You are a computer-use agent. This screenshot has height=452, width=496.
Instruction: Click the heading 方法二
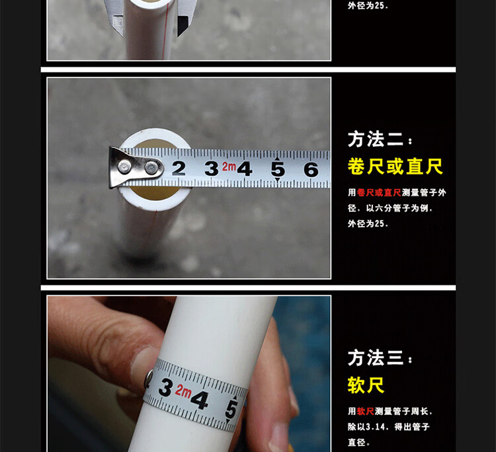[x=376, y=139]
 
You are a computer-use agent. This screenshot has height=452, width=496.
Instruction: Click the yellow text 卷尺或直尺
[x=395, y=167]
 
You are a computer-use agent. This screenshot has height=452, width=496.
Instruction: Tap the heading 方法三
[x=376, y=358]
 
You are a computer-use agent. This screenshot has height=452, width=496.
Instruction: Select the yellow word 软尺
[x=366, y=385]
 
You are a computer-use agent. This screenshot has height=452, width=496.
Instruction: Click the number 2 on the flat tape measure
[x=179, y=168]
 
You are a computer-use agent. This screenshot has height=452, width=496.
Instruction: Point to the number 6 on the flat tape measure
[x=311, y=169]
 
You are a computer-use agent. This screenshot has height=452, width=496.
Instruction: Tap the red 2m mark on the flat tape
[x=229, y=167]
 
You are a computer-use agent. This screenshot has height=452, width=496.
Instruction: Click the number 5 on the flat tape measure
[x=278, y=169]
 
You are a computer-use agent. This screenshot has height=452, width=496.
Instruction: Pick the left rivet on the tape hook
[x=124, y=167]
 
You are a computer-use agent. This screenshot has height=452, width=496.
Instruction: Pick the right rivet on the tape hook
[x=151, y=168]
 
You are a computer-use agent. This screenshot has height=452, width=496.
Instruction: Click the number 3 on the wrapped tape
[x=166, y=387]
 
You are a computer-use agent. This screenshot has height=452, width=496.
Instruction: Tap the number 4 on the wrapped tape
[x=200, y=400]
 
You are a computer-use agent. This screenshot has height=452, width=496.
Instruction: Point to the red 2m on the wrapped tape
[x=183, y=391]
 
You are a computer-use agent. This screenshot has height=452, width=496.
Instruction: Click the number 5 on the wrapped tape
[x=231, y=408]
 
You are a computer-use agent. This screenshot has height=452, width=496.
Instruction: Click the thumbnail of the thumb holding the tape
[x=142, y=367]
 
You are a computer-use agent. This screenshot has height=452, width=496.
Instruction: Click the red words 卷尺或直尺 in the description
[x=379, y=192]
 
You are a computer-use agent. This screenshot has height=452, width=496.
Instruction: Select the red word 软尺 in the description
[x=366, y=411]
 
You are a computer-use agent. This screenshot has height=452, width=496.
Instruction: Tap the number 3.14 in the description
[x=376, y=427]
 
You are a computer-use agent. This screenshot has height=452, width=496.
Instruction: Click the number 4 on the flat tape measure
[x=245, y=169]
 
